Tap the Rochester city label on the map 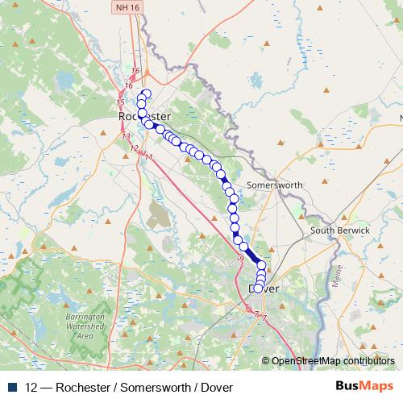[x=143, y=117]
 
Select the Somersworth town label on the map [x=274, y=185]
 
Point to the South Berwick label [x=340, y=231]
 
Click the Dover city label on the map [x=264, y=288]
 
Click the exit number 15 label [x=120, y=102]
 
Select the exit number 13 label [x=127, y=137]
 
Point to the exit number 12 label [x=135, y=147]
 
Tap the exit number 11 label [x=147, y=156]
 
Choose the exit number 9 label [x=240, y=258]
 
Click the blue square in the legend [x=13, y=387]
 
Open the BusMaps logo [x=365, y=387]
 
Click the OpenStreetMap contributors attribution [x=333, y=361]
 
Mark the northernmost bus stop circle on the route [x=146, y=93]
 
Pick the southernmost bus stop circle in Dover [x=260, y=285]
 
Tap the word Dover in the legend [x=216, y=387]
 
